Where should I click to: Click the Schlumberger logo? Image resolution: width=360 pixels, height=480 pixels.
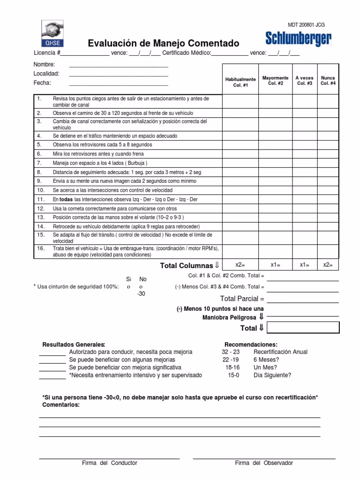(x=299, y=38)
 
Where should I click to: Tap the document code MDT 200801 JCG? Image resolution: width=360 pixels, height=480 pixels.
(x=306, y=25)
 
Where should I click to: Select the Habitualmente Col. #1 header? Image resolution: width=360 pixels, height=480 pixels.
(x=240, y=82)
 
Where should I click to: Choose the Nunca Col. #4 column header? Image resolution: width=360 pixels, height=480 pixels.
(x=328, y=80)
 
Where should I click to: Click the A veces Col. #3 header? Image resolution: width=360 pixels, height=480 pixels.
(x=305, y=80)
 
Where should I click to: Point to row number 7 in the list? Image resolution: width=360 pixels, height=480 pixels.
(x=39, y=163)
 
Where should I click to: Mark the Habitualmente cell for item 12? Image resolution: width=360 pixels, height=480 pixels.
(x=240, y=208)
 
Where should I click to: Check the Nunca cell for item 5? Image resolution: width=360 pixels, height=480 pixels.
(x=328, y=145)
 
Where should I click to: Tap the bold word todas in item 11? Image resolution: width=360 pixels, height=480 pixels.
(x=66, y=199)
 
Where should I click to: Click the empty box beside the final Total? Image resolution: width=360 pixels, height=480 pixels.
(x=303, y=327)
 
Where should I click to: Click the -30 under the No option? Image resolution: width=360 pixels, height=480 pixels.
(x=141, y=294)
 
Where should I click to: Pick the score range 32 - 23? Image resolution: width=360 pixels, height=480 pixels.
(x=231, y=352)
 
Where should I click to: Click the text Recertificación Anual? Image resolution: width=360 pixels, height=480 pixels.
(x=280, y=352)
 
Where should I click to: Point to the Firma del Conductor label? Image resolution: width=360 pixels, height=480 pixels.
(x=109, y=463)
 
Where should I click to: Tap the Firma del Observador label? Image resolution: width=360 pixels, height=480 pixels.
(x=264, y=463)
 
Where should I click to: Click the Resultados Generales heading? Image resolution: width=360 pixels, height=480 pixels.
(x=74, y=345)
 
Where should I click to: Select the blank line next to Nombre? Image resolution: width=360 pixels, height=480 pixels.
(x=118, y=66)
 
